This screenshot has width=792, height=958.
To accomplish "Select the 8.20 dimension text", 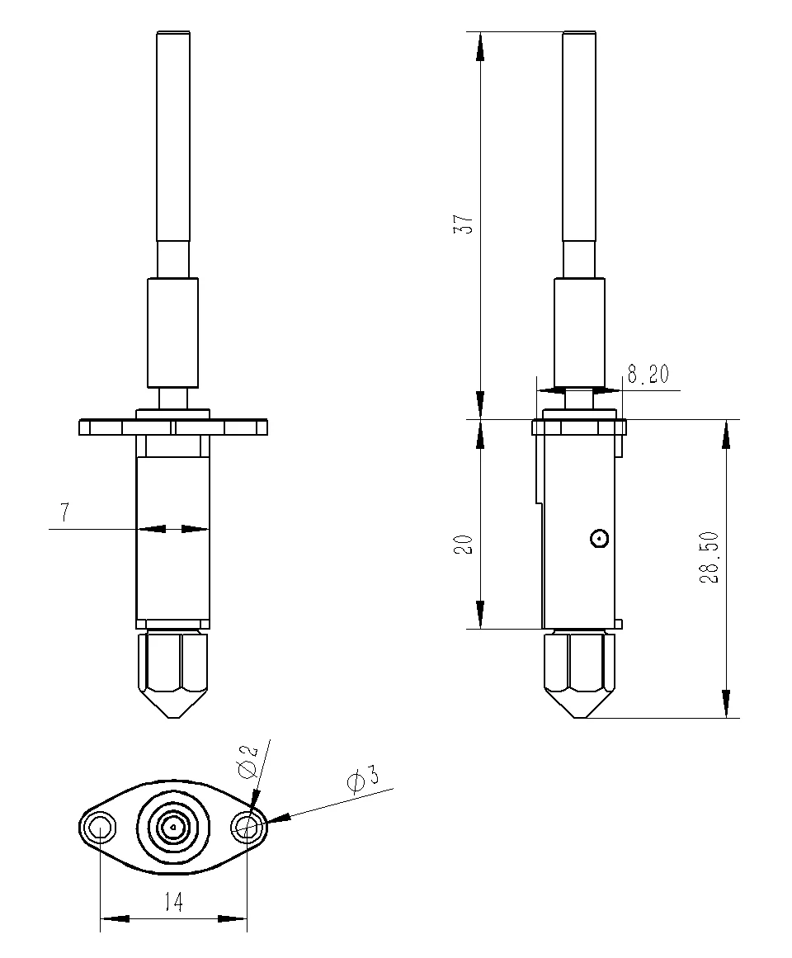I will pos(648,375).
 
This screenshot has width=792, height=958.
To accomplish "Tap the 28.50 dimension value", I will pos(710,558).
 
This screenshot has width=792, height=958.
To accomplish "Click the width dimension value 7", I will pos(64,512).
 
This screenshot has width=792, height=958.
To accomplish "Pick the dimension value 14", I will pos(172,903).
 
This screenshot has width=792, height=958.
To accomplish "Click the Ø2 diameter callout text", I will pos(247,761).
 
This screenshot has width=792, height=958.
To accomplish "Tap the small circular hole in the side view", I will pos(600,539).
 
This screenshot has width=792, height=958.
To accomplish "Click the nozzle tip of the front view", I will pos(173,715).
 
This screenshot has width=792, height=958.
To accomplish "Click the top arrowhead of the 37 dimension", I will pos(480,46).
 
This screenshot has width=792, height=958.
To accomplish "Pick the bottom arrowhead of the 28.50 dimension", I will pos(726,703).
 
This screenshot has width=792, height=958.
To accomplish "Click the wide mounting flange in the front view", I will pos(173,427).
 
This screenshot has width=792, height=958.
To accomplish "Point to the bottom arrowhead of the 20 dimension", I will pos(480,615).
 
